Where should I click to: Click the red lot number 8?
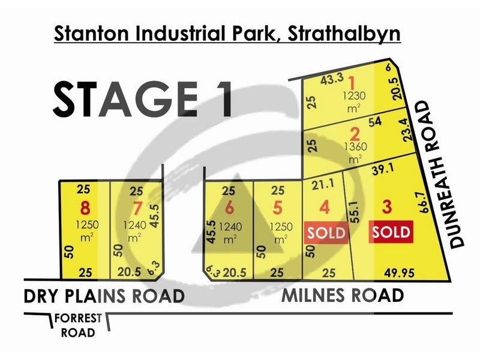[85, 209]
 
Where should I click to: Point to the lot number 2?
[355, 133]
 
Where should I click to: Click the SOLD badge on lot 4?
[327, 232]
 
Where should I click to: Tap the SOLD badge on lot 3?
[391, 232]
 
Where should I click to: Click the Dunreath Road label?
[443, 175]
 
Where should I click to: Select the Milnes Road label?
[343, 296]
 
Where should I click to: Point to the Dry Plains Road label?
[104, 296]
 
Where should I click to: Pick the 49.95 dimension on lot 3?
[401, 273]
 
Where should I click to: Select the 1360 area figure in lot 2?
[355, 146]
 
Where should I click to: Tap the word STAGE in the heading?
[122, 99]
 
